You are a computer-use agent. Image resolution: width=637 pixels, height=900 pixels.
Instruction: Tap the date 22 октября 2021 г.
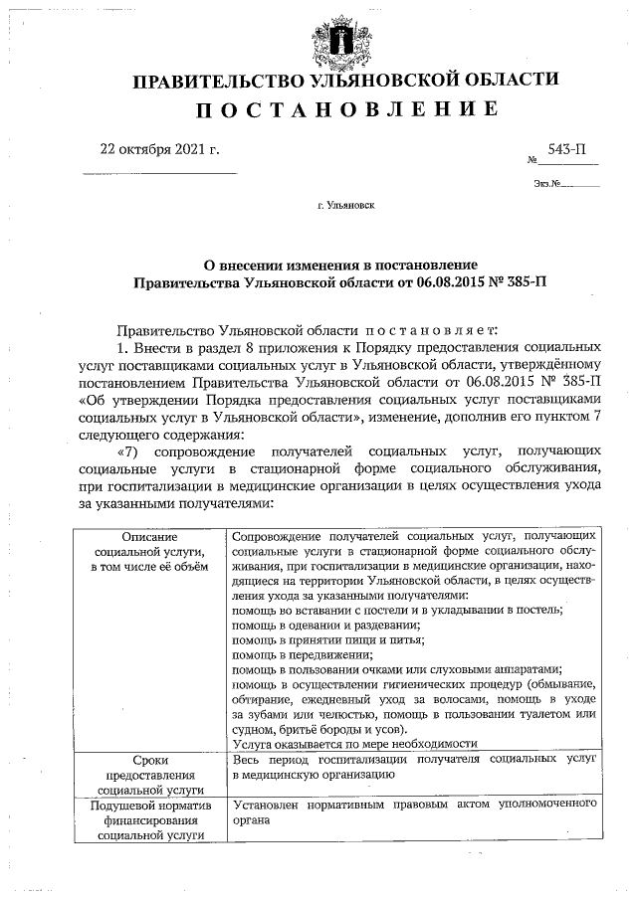pyautogui.click(x=158, y=149)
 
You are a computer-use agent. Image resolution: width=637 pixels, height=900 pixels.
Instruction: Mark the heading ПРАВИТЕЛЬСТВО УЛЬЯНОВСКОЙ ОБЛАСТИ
pyautogui.click(x=345, y=79)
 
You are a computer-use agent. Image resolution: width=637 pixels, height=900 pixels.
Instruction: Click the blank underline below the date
pyautogui.click(x=158, y=175)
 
